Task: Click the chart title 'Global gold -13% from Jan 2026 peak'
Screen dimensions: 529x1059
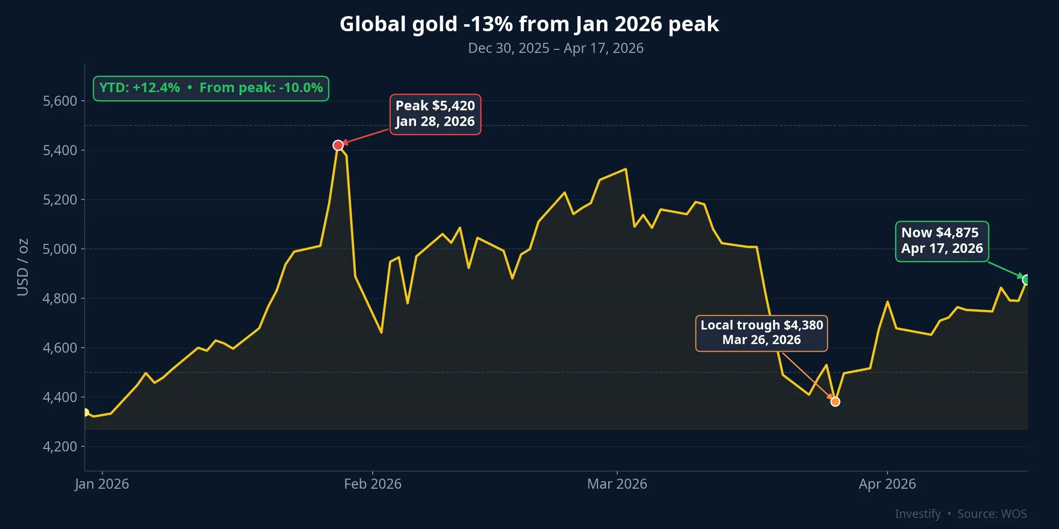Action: click(529, 24)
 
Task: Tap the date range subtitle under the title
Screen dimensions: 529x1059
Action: click(555, 48)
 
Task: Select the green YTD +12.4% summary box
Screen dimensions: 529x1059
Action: click(211, 88)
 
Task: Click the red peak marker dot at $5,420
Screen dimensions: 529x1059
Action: click(338, 145)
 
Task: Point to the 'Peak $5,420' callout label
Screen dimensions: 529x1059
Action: click(435, 114)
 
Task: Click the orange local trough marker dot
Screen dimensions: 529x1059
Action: click(835, 402)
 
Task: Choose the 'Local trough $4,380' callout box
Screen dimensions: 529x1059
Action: click(761, 333)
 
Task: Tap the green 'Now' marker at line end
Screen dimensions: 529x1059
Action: click(1026, 280)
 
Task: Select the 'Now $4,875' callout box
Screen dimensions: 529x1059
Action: click(942, 241)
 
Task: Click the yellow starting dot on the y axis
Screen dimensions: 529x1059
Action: click(85, 413)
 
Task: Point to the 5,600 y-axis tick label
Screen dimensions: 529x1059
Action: click(60, 101)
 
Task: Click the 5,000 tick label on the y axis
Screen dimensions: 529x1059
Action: click(60, 249)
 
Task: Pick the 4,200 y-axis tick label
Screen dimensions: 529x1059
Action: click(60, 447)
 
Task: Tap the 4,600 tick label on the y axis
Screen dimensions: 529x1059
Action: click(60, 348)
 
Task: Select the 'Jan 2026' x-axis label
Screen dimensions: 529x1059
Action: click(102, 484)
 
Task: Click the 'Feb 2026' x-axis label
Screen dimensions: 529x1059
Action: click(373, 484)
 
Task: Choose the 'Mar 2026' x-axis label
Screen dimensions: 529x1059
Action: click(617, 484)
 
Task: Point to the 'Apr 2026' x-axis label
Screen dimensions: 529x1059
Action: click(887, 484)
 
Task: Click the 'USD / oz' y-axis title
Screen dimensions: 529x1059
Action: click(23, 267)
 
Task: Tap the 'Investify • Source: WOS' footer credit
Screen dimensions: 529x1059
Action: click(961, 514)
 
